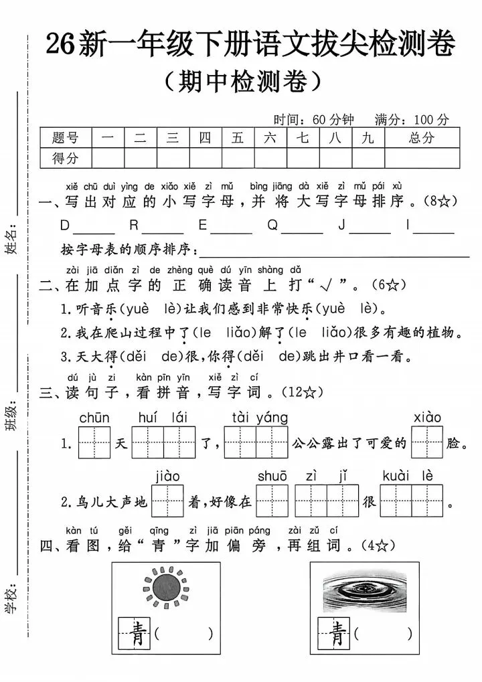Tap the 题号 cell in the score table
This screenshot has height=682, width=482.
click(65, 138)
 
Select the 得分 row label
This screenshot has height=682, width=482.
click(65, 159)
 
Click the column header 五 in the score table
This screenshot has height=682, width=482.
click(238, 138)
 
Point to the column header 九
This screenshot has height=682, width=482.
click(368, 138)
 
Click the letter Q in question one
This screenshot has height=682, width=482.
click(272, 226)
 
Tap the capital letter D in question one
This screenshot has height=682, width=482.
click(64, 226)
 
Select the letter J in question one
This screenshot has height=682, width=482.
click(342, 226)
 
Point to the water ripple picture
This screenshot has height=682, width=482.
click(365, 591)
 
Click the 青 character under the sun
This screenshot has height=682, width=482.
click(134, 633)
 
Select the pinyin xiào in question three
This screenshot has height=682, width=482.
click(427, 418)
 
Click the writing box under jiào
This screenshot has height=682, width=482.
click(167, 501)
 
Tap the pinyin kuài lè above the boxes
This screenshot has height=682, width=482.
click(408, 477)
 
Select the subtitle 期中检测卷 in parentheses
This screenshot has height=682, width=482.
click(243, 82)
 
